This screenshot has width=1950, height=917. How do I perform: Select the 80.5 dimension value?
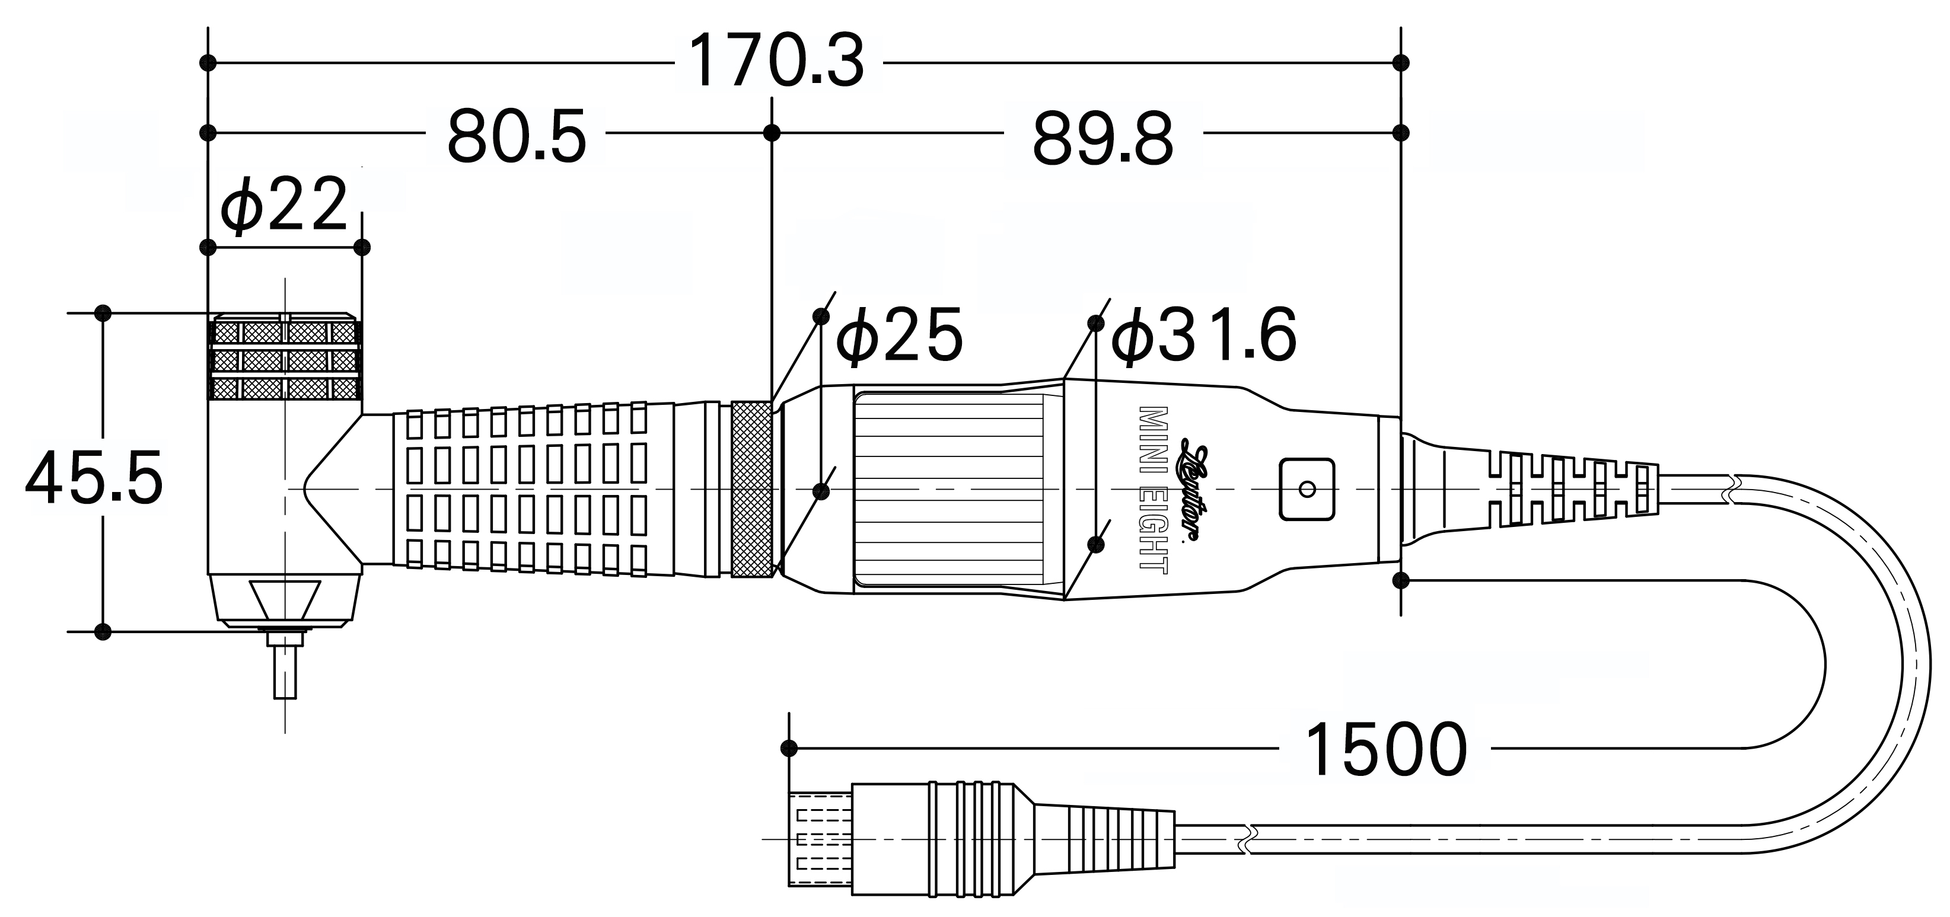coord(517,138)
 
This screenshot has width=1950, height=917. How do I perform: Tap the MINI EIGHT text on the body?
coord(1154,490)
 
